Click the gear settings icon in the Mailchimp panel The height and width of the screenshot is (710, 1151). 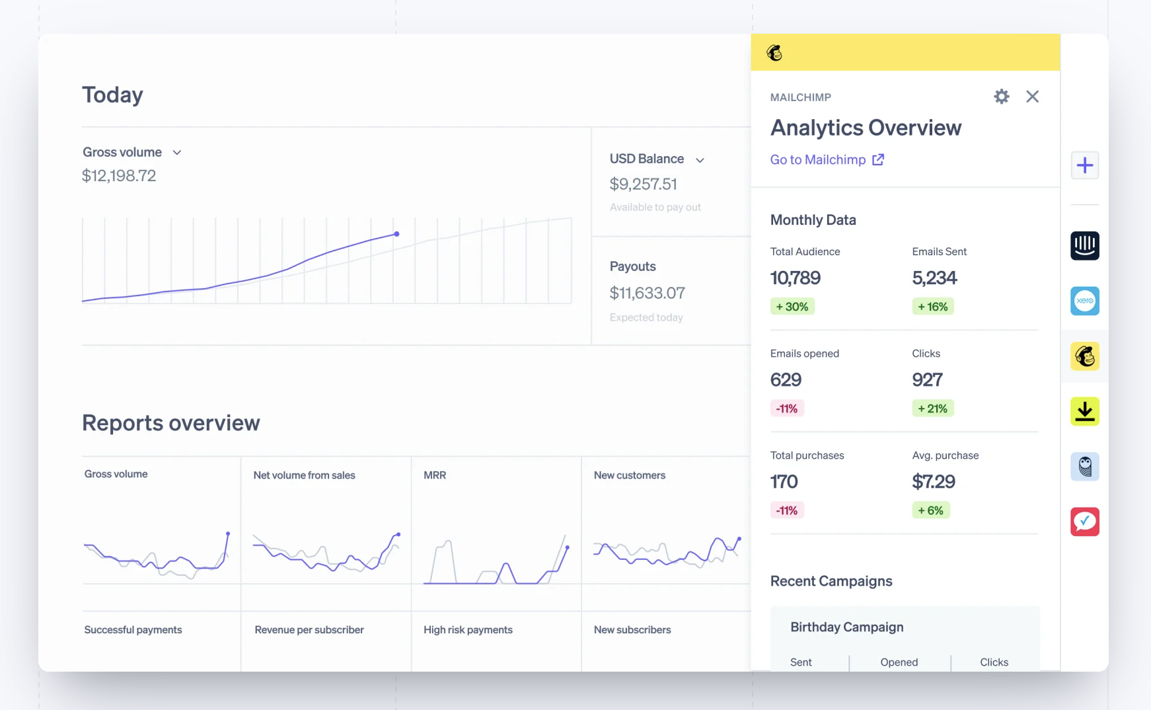pos(1002,97)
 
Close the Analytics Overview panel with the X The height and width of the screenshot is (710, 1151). pos(1032,97)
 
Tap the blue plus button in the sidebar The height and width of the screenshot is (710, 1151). pos(1084,165)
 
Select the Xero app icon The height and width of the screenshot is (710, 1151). pos(1084,301)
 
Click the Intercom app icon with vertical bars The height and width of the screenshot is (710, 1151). pos(1084,246)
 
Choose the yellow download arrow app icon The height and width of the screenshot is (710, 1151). pos(1084,411)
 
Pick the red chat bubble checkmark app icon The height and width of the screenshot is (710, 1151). pos(1084,522)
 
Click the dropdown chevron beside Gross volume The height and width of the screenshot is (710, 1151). pos(177,153)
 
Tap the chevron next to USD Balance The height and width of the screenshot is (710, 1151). pos(700,160)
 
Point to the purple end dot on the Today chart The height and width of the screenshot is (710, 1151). pos(396,234)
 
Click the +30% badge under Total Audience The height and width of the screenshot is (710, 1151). pos(792,307)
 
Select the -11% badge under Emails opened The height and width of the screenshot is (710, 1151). pos(786,409)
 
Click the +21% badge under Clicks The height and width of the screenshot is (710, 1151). pos(932,409)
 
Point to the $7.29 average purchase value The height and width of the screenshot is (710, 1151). pos(934,481)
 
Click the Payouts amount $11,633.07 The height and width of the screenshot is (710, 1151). pos(647,293)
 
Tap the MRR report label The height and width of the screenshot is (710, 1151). pos(435,475)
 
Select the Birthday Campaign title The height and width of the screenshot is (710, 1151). pos(846,627)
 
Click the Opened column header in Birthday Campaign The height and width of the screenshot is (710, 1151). pos(899,662)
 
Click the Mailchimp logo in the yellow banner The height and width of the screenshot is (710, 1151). pos(774,53)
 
